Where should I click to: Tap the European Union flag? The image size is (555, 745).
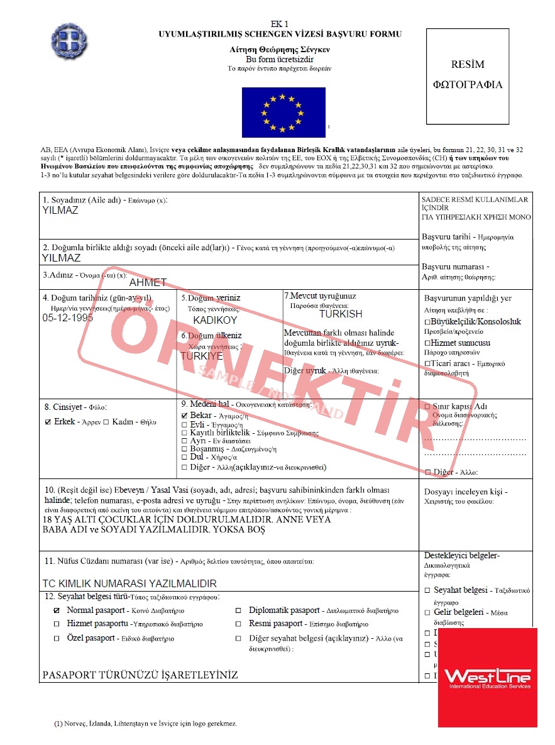click(x=283, y=113)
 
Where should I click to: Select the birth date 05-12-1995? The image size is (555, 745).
click(x=68, y=318)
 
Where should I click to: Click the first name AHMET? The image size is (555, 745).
click(x=148, y=283)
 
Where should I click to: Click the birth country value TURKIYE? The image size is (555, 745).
click(x=202, y=356)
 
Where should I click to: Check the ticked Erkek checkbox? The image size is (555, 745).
click(x=48, y=422)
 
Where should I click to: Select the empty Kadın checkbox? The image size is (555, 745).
click(x=106, y=422)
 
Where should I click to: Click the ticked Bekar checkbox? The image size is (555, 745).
click(x=184, y=416)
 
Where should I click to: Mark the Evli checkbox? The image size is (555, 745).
click(x=184, y=424)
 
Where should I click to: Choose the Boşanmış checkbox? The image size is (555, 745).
click(x=184, y=450)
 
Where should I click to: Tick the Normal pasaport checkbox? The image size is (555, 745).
click(x=57, y=610)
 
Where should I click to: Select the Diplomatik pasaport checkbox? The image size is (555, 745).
click(x=238, y=610)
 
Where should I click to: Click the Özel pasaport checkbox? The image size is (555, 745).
click(x=57, y=638)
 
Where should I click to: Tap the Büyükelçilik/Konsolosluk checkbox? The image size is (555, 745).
click(x=427, y=322)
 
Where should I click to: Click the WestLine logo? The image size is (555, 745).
click(x=488, y=678)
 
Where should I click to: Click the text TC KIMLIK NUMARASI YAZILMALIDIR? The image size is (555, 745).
click(x=129, y=583)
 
